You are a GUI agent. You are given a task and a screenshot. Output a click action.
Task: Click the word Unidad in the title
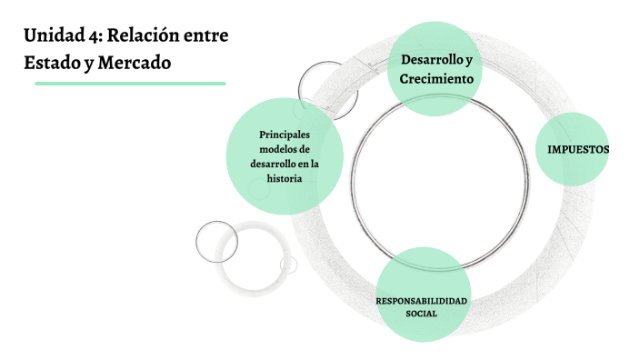pyautogui.click(x=53, y=36)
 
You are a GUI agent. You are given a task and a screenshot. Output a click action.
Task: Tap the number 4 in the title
pyautogui.click(x=95, y=36)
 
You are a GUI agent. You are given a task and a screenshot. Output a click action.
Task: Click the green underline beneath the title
pyautogui.click(x=130, y=84)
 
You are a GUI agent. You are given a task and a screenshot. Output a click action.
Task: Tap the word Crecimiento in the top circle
pyautogui.click(x=436, y=79)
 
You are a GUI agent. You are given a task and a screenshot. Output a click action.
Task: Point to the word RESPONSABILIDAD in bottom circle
pyautogui.click(x=422, y=300)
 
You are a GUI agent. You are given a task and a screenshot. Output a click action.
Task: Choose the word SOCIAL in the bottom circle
pyautogui.click(x=422, y=313)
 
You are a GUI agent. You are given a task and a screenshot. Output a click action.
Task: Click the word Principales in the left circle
pyautogui.click(x=284, y=135)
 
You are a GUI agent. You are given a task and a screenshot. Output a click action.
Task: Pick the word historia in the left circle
pyautogui.click(x=284, y=178)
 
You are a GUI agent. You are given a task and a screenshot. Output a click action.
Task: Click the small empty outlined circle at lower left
pyautogui.click(x=216, y=240)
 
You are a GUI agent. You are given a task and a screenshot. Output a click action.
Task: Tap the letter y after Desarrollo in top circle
pyautogui.click(x=468, y=60)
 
